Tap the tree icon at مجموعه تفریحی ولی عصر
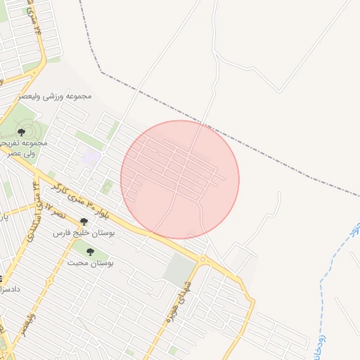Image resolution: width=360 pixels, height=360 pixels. click(22, 131)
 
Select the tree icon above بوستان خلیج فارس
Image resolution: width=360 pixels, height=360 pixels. click(84, 221)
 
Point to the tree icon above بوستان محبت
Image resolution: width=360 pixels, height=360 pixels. click(90, 251)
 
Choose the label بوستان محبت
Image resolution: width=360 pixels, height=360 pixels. click(91, 262)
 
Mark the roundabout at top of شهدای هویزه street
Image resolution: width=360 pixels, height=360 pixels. click(203, 260)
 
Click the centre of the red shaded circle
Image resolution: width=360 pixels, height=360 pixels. click(180, 179)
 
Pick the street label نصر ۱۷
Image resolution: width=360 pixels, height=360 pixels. click(54, 210)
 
